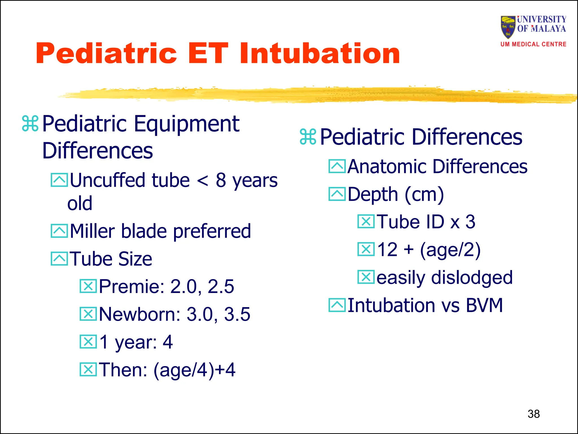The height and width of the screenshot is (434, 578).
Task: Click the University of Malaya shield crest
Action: (x=508, y=27)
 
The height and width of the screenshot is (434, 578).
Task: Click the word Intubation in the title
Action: (x=319, y=53)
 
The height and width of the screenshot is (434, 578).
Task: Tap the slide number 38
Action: (x=533, y=414)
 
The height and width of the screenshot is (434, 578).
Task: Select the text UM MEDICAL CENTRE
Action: (x=533, y=44)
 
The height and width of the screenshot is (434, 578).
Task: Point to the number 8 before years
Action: (x=221, y=180)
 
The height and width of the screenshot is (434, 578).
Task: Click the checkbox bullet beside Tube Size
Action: (x=59, y=259)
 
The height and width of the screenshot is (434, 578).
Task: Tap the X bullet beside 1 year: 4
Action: (x=88, y=342)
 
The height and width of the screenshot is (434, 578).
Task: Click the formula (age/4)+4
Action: (x=194, y=370)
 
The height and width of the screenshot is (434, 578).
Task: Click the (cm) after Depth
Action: (x=424, y=195)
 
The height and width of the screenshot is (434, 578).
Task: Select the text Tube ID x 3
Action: (x=426, y=222)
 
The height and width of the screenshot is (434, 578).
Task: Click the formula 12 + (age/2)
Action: (x=429, y=250)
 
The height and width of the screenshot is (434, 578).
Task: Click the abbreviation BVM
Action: (x=484, y=305)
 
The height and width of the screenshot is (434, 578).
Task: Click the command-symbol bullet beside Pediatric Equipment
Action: (x=30, y=124)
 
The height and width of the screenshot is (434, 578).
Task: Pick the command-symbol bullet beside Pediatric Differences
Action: (x=308, y=137)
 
